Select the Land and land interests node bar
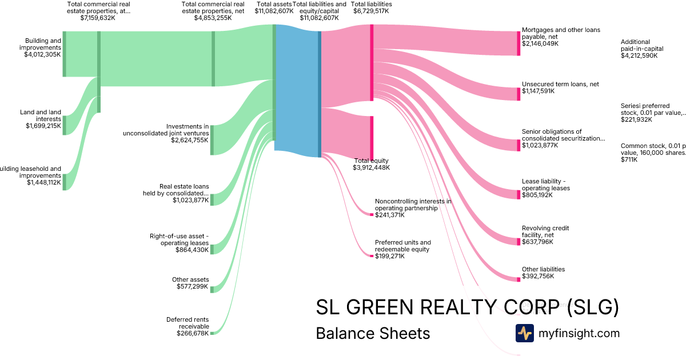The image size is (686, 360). [65, 125]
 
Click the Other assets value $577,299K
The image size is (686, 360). [193, 286]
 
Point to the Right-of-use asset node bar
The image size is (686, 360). [212, 249]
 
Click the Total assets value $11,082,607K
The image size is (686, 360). [274, 11]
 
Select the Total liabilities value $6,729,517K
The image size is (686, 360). [372, 11]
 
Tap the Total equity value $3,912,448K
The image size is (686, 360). [372, 167]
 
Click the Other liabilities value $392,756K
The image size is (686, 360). [538, 277]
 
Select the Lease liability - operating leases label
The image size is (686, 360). [546, 185]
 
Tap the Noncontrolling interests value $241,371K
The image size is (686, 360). [390, 215]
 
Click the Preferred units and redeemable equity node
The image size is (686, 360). [372, 255]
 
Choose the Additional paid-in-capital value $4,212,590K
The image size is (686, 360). [639, 55]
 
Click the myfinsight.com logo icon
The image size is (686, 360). [524, 333]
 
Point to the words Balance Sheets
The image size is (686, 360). [373, 333]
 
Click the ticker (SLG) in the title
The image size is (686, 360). [593, 307]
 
